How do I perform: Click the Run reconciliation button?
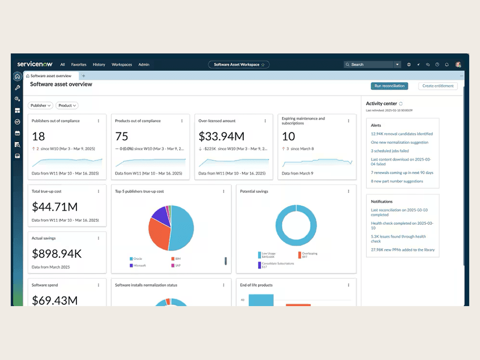[389, 86]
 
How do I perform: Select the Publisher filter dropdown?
[40, 106]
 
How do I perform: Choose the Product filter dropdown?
[67, 106]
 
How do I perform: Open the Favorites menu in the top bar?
[79, 65]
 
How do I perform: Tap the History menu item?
[99, 65]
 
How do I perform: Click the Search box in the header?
[370, 64]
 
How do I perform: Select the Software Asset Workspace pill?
[239, 64]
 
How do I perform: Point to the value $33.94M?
[221, 136]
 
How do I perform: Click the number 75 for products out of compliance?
[121, 136]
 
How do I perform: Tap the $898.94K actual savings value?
[57, 253]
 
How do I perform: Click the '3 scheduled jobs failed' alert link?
[390, 151]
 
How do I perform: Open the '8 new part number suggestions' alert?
[397, 181]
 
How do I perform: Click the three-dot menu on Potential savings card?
[348, 192]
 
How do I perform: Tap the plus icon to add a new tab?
[84, 76]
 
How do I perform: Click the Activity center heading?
[381, 104]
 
